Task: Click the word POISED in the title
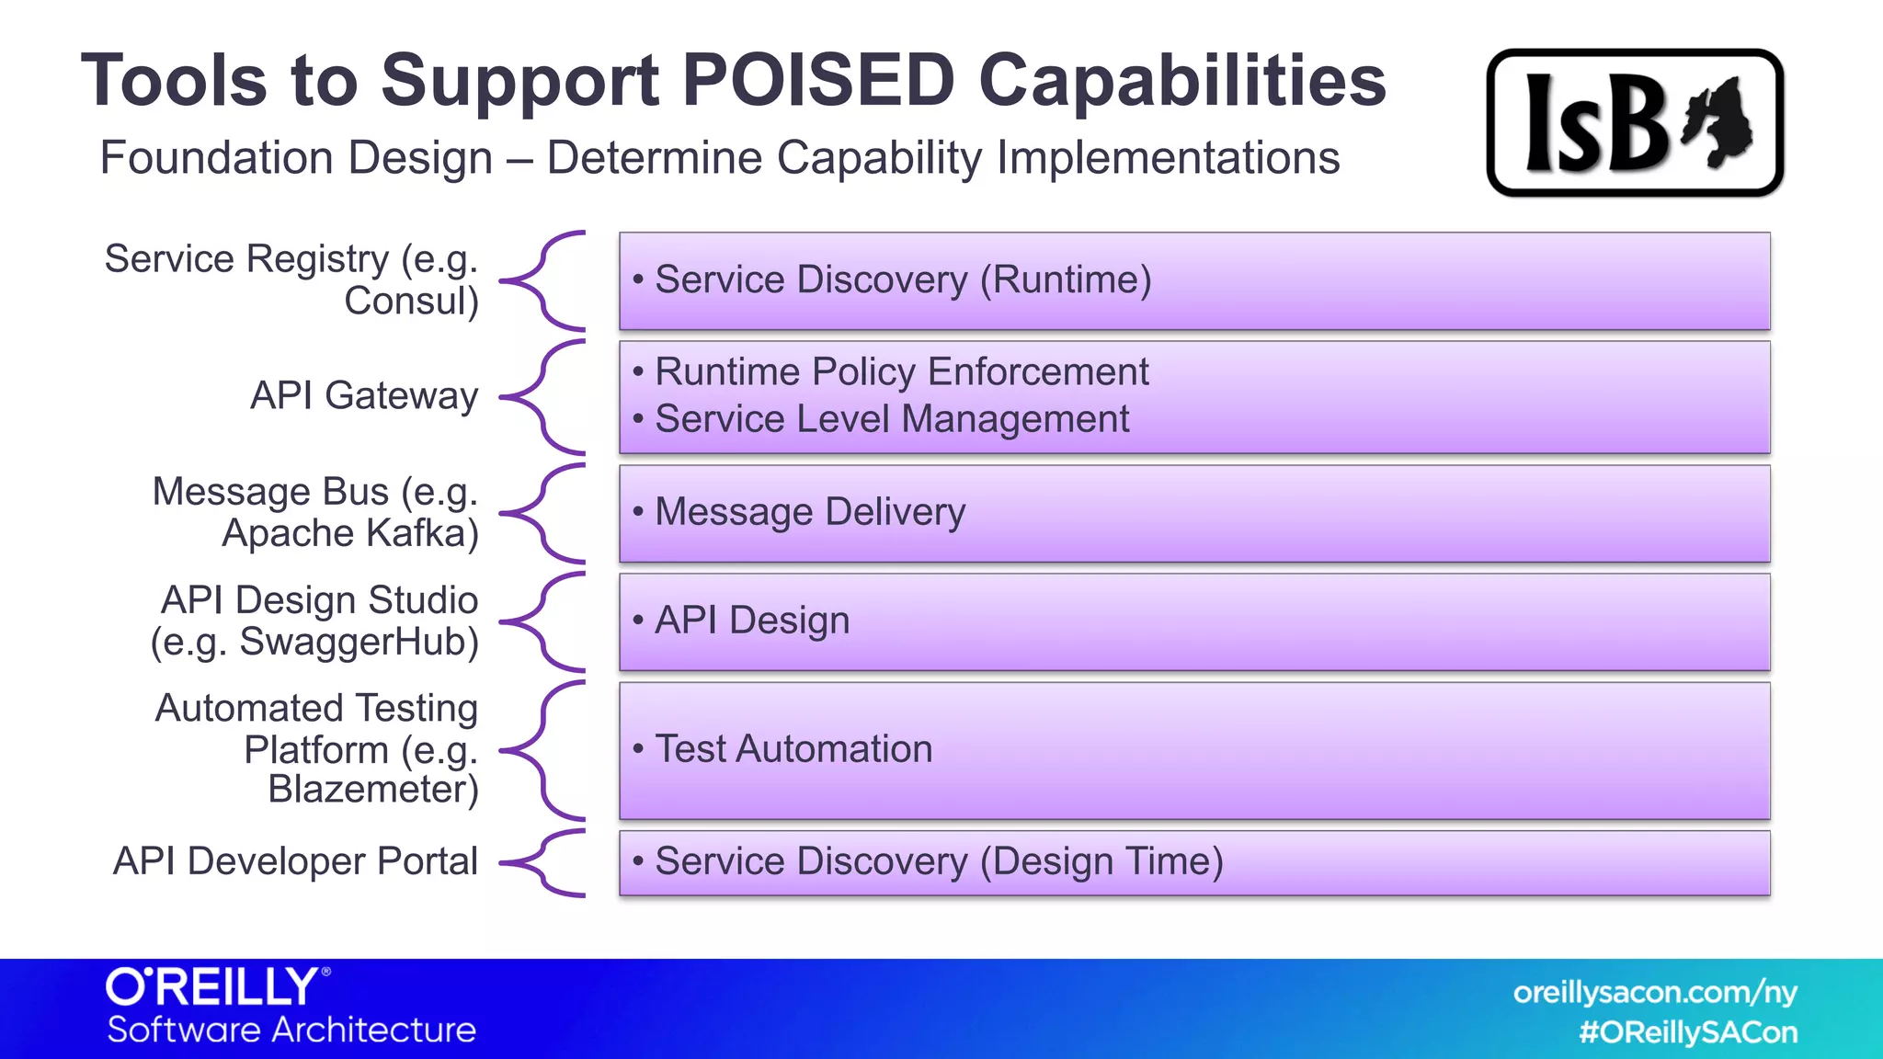(x=817, y=81)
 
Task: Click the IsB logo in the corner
(x=1634, y=123)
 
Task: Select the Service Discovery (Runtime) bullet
(x=902, y=279)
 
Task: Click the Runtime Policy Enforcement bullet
(x=901, y=372)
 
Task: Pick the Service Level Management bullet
(x=891, y=419)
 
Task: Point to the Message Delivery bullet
(x=809, y=512)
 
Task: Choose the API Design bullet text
(x=751, y=621)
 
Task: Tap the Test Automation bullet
(x=793, y=749)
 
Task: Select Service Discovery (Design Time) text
(x=938, y=861)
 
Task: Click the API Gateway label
(x=364, y=396)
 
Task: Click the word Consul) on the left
(x=411, y=302)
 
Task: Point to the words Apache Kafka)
(x=350, y=533)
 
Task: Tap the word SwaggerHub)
(x=359, y=642)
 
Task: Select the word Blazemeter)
(x=373, y=790)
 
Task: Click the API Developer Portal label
(x=295, y=861)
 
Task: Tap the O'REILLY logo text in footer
(x=213, y=987)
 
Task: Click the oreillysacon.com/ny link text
(x=1654, y=993)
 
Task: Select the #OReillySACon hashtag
(x=1687, y=1032)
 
